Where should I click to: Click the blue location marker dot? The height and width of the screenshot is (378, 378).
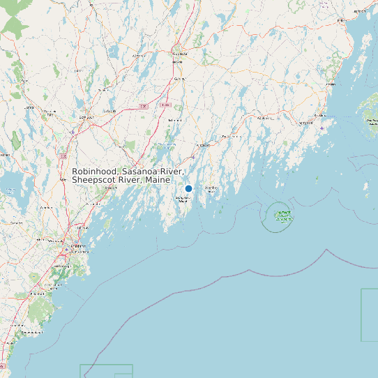pyautogui.click(x=188, y=188)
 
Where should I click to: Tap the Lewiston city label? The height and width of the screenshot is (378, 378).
pyautogui.click(x=86, y=117)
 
